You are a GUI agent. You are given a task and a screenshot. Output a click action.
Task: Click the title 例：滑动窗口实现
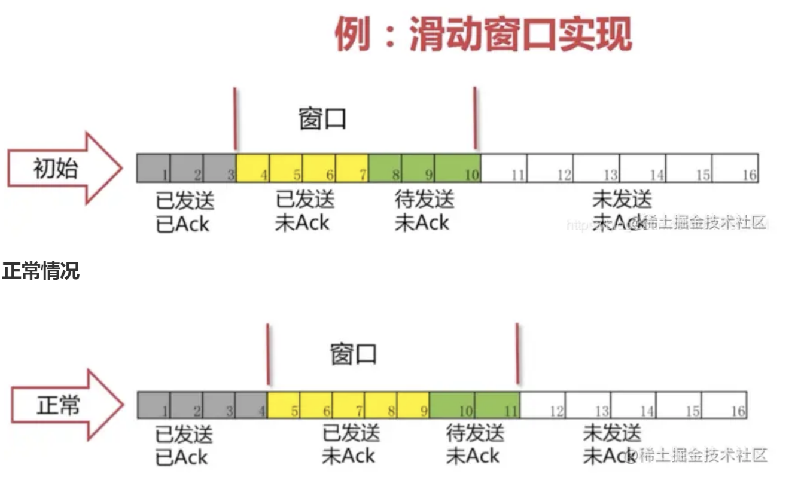click(482, 34)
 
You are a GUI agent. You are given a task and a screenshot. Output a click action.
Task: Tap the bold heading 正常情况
click(40, 271)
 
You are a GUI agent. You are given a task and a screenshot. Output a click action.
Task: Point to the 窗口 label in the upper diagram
click(322, 119)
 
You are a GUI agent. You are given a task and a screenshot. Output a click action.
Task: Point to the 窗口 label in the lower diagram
click(354, 354)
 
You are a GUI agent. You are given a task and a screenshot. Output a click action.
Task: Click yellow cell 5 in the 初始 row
click(286, 168)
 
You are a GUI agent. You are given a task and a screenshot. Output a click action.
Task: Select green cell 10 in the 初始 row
click(457, 168)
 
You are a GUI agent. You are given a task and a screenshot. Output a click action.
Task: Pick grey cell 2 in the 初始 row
click(187, 168)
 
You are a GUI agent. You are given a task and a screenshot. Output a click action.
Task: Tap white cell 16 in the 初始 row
click(735, 168)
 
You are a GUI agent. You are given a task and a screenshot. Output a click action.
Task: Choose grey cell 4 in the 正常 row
click(251, 405)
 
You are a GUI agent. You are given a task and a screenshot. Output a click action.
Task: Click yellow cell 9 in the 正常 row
click(413, 405)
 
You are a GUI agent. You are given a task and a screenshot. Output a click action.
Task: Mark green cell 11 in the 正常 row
click(497, 405)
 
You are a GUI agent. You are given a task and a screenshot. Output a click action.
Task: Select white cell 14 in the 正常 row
click(634, 405)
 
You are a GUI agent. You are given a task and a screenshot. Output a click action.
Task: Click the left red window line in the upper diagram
click(235, 119)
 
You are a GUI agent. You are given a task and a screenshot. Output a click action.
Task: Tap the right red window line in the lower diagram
click(517, 354)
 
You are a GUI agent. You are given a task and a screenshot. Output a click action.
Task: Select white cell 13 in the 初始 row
click(596, 168)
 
